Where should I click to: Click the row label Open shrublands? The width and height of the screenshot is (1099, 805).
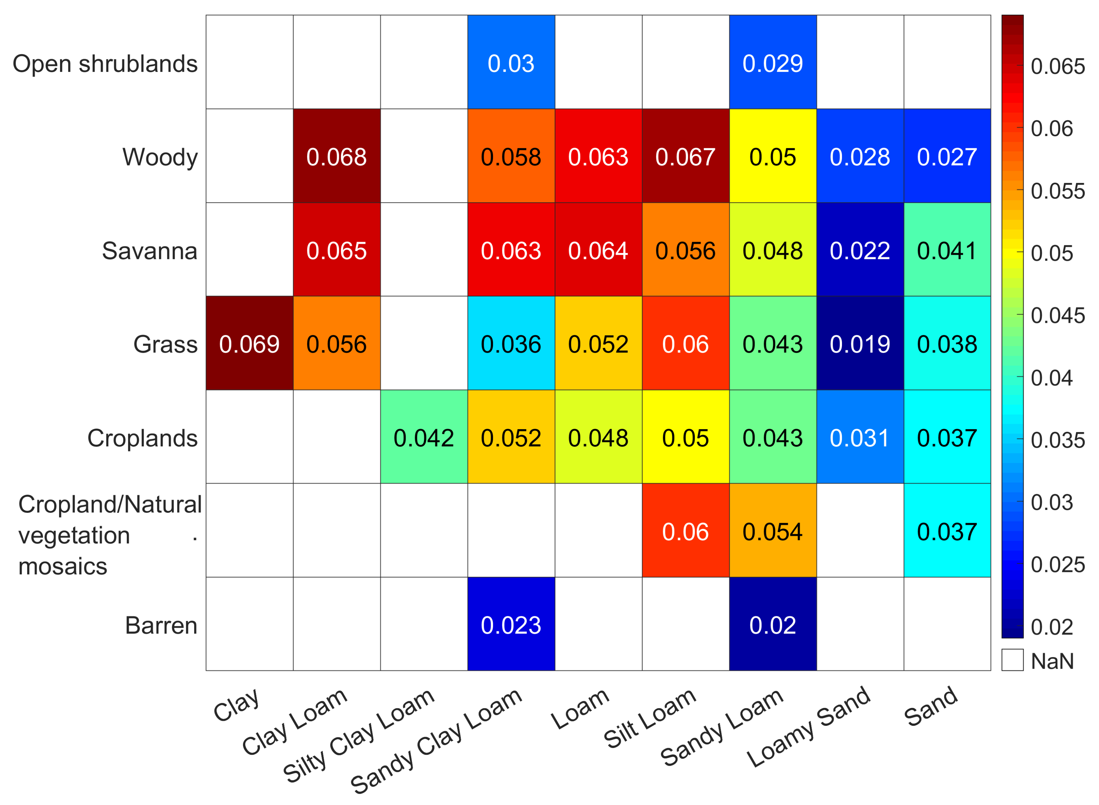[105, 64]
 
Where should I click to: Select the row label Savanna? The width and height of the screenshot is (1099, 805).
[149, 251]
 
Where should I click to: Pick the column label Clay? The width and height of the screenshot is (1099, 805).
[237, 705]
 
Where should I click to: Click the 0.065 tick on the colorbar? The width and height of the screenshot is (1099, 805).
[1057, 66]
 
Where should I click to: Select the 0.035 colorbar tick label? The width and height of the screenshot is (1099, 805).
[1057, 440]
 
